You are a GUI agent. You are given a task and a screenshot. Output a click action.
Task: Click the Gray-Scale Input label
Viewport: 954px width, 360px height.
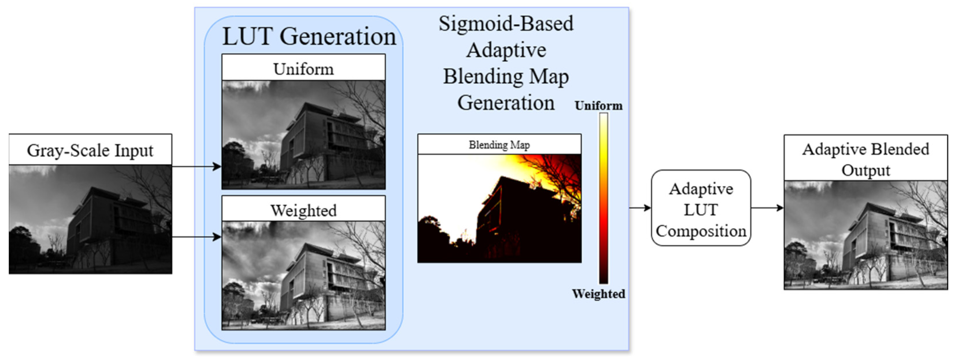pyautogui.click(x=90, y=150)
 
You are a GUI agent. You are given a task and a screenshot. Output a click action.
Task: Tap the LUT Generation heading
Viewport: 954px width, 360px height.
pyautogui.click(x=309, y=37)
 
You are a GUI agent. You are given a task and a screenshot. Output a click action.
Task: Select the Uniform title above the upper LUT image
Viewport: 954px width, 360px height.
pyautogui.click(x=303, y=69)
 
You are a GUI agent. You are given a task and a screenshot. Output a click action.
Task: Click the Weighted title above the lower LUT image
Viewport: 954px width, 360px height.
pyautogui.click(x=303, y=211)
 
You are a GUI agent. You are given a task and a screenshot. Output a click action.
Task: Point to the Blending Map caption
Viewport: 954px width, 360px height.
pyautogui.click(x=499, y=145)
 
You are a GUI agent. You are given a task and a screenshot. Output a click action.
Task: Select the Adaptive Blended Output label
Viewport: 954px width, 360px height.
pyautogui.click(x=866, y=159)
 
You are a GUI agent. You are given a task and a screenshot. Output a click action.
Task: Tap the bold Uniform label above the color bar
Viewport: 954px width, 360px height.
pyautogui.click(x=599, y=106)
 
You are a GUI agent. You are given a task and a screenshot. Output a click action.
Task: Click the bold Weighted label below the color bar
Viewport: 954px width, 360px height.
pyautogui.click(x=599, y=294)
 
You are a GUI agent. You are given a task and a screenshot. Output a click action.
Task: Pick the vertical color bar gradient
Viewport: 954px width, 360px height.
pyautogui.click(x=604, y=198)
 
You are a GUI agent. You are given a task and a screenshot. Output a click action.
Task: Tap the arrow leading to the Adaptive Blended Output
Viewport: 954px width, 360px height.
pyautogui.click(x=778, y=208)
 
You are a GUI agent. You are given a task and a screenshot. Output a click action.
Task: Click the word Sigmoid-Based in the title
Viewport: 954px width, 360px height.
pyautogui.click(x=506, y=24)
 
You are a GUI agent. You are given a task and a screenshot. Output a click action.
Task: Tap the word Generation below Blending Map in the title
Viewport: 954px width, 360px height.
pyautogui.click(x=506, y=103)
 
